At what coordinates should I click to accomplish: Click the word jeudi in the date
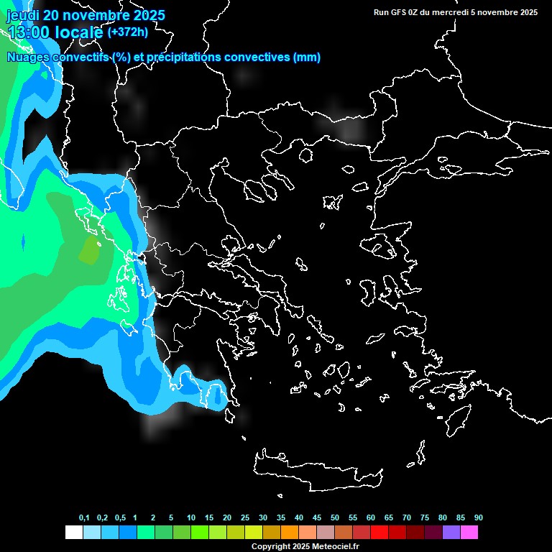[x=23, y=15]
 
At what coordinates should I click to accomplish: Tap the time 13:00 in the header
[x=32, y=32]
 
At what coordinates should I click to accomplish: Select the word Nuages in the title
[x=28, y=57]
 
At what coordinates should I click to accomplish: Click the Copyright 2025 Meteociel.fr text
[x=305, y=546]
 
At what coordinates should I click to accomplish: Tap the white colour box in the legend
[x=74, y=533]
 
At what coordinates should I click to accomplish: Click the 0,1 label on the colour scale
[x=84, y=518]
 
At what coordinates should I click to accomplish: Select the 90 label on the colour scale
[x=479, y=518]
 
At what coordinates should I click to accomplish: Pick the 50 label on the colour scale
[x=335, y=518]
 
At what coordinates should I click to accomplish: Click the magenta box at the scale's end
[x=469, y=533]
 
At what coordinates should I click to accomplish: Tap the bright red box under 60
[x=379, y=533]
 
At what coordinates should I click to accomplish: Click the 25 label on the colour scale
[x=245, y=518]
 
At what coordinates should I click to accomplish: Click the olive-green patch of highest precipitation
[x=90, y=251]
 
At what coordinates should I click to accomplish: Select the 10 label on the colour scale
[x=191, y=518]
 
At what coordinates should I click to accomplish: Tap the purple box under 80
[x=451, y=533]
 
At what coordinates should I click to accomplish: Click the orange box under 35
[x=290, y=533]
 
